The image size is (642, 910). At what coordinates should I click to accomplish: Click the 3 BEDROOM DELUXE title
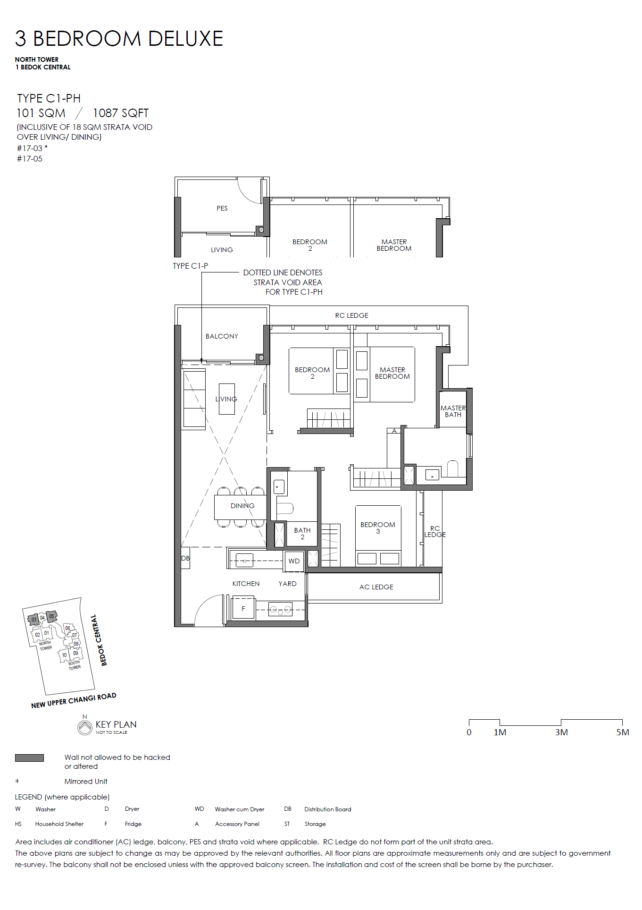(119, 39)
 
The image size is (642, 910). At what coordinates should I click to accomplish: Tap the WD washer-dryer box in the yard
(294, 561)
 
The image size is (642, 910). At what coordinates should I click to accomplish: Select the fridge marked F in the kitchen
(243, 609)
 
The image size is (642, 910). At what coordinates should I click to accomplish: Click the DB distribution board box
(185, 558)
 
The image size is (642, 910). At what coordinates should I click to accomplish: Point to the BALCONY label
(222, 336)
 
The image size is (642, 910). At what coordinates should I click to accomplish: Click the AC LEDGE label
(376, 587)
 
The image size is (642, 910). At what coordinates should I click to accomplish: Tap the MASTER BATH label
(453, 411)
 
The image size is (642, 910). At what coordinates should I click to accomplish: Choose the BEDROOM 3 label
(378, 528)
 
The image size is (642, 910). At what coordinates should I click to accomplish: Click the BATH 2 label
(302, 534)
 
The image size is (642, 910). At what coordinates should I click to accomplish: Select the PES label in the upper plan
(222, 208)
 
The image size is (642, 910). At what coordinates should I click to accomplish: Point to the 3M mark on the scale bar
(561, 732)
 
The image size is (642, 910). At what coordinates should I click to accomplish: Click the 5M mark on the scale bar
(623, 732)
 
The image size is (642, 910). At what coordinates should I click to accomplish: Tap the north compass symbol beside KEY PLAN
(85, 727)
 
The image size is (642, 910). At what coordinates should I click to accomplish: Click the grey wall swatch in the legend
(29, 758)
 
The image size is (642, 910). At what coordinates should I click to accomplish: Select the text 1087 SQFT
(121, 113)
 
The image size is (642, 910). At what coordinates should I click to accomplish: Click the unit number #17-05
(30, 159)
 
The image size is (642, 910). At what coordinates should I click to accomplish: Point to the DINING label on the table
(242, 506)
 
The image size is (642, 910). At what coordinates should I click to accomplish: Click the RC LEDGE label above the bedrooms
(352, 315)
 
